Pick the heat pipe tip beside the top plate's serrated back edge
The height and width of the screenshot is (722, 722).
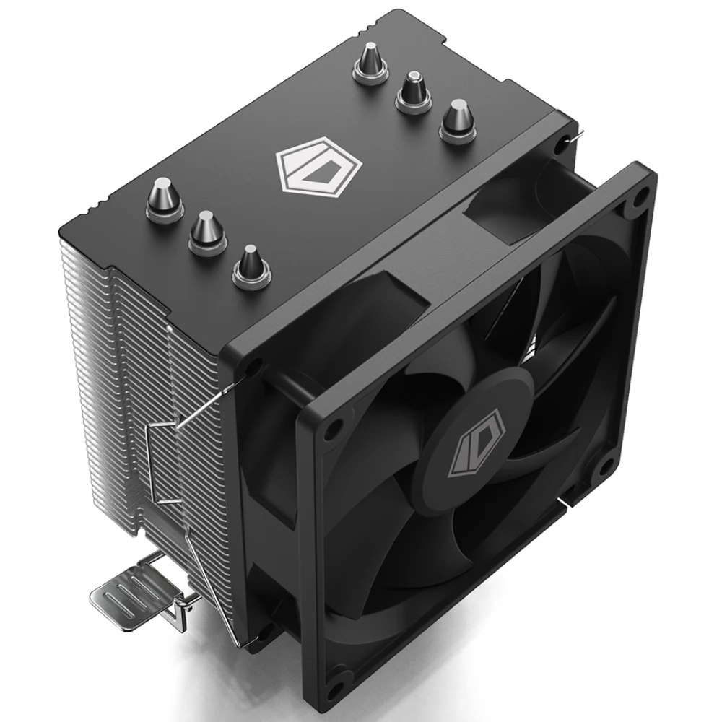370,61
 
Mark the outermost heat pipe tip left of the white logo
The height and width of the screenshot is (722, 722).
250,265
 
